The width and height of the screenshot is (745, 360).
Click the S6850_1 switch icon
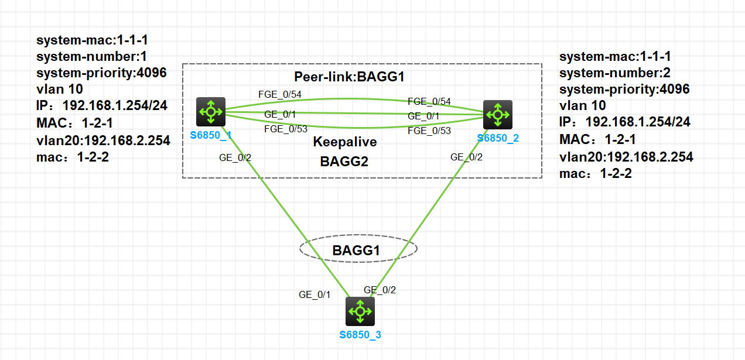tap(211, 112)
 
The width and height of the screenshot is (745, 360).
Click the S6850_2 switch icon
tap(497, 115)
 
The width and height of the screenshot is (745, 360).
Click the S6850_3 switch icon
tap(360, 311)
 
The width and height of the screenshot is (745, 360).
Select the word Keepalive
tap(345, 142)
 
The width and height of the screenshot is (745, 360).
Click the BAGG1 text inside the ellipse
tap(357, 251)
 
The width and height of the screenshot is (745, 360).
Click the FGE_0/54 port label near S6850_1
tap(280, 94)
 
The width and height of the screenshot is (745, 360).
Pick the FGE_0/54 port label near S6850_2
tap(429, 101)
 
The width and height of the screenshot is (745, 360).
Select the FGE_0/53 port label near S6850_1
tap(286, 129)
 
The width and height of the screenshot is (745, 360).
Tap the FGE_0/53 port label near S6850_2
tap(429, 131)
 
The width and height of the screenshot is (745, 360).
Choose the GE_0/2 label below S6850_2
tap(466, 157)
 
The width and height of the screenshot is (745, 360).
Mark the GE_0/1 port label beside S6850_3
tap(315, 295)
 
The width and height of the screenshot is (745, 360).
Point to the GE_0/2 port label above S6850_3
tap(380, 290)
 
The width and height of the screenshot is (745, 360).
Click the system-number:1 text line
tap(93, 57)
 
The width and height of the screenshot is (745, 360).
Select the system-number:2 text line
tap(616, 73)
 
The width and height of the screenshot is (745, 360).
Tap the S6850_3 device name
tap(360, 335)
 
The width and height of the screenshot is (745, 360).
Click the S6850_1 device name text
tap(211, 135)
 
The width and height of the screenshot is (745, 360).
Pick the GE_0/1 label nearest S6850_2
tap(423, 116)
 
